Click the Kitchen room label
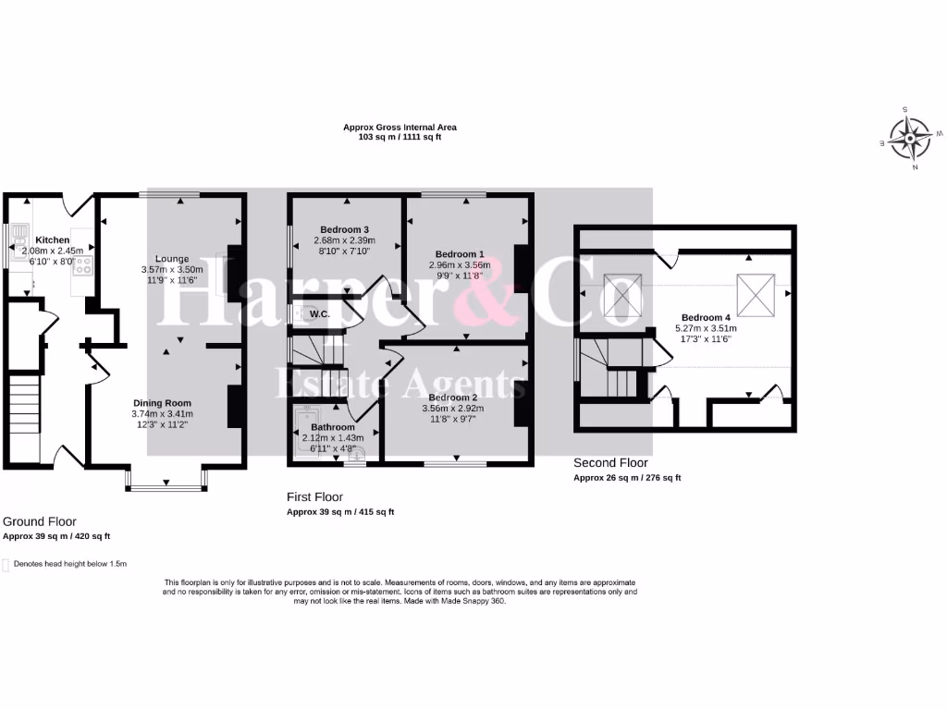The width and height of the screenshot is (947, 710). pos(53,239)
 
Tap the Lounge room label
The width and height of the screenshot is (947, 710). pos(172,259)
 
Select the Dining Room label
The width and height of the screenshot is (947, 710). pos(162,403)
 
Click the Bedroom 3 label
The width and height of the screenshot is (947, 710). pos(345,229)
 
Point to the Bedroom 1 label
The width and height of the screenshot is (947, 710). pos(460,254)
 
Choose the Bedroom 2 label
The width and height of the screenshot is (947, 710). pos(453,397)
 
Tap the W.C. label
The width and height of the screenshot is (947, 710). pos(321,314)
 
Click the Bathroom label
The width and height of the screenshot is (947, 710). pos(332,427)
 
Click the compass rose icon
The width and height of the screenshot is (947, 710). pos(909,140)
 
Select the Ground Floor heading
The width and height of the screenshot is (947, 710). pos(40,521)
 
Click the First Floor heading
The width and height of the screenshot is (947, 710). pos(314,497)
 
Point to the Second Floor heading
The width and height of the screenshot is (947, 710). pos(610,463)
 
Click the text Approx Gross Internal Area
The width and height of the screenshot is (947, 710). pos(400,128)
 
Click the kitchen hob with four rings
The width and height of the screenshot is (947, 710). pos(83,266)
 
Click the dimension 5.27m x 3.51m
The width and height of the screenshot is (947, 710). pos(707,327)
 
